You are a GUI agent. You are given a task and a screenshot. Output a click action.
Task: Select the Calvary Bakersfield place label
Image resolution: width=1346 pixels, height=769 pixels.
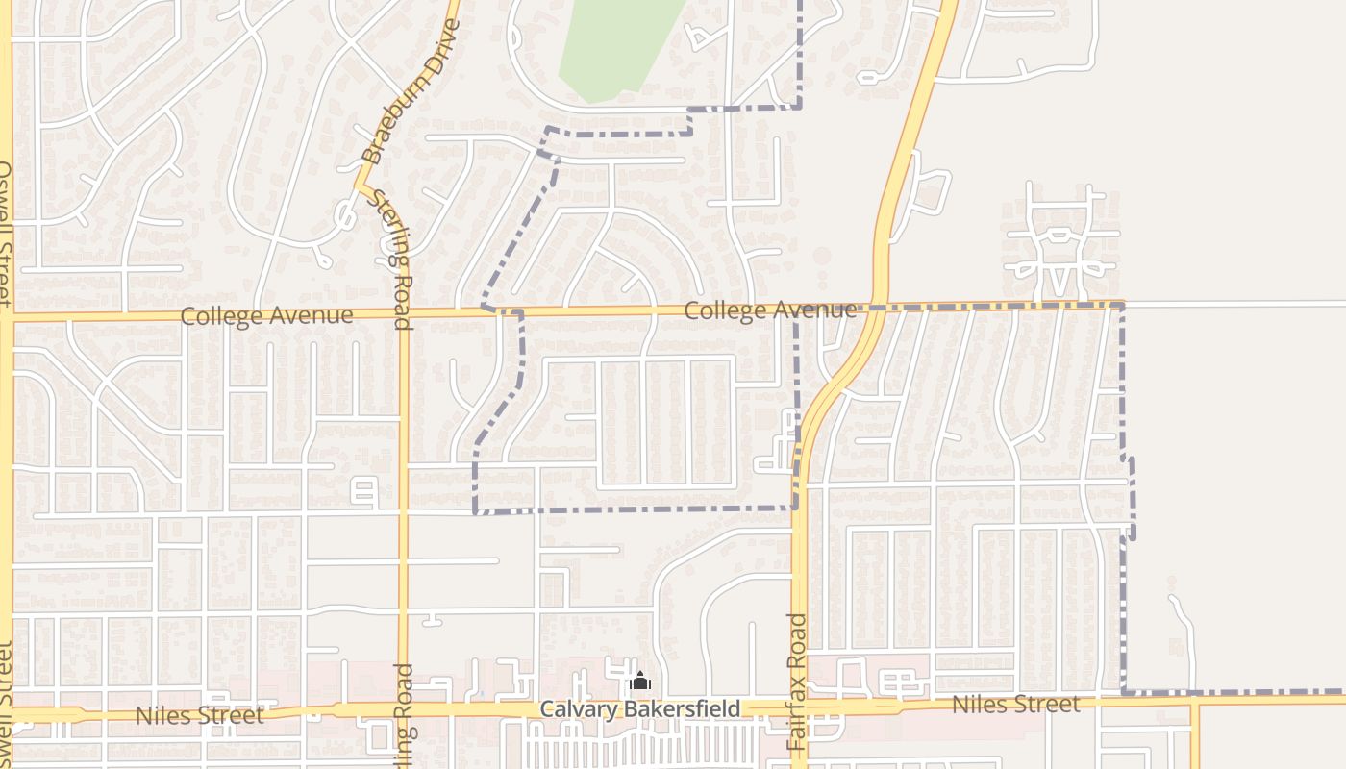640,709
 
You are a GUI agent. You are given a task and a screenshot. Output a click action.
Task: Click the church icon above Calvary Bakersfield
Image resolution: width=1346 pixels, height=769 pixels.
640,682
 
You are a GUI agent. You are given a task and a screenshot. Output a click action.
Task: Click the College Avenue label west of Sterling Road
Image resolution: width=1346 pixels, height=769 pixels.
266,315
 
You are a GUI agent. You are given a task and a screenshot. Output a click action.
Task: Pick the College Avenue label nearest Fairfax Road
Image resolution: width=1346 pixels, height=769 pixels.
770,310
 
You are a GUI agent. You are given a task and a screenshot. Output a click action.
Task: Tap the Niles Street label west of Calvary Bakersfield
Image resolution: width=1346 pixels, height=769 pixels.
199,716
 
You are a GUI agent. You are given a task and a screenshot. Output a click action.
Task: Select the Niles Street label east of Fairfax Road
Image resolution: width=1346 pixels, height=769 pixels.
1015,705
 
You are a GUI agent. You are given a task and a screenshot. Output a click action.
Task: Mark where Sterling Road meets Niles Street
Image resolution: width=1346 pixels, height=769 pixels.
405,712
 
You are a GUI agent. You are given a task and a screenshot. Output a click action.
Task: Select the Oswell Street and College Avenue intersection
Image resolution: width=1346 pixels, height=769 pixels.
8,316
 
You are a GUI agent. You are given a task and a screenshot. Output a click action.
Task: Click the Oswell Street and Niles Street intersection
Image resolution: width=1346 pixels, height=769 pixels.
8,715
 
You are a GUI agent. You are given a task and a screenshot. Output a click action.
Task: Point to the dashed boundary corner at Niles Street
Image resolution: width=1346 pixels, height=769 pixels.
1123,691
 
